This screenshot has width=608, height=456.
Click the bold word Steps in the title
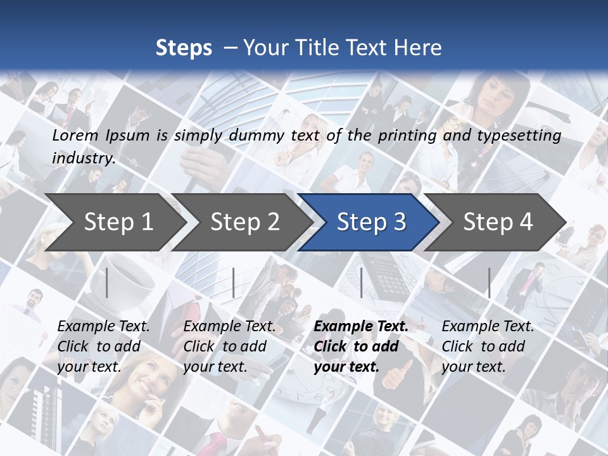tap(184, 48)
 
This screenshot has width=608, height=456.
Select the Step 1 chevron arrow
tap(118, 222)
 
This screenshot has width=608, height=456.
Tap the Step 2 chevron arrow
tap(244, 222)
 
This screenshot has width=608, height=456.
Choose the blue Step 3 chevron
tap(370, 222)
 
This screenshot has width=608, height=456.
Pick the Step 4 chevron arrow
tap(497, 222)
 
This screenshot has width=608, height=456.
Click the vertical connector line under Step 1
tap(107, 282)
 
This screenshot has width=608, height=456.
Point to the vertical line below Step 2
tap(234, 282)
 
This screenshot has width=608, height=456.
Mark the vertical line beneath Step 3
tap(361, 282)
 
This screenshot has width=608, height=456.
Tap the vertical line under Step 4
tap(489, 282)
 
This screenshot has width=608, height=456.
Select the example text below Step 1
tap(103, 346)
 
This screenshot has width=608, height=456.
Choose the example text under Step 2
tap(229, 346)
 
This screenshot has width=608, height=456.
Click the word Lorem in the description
tap(75, 135)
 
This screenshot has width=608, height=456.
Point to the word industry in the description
tap(83, 158)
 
